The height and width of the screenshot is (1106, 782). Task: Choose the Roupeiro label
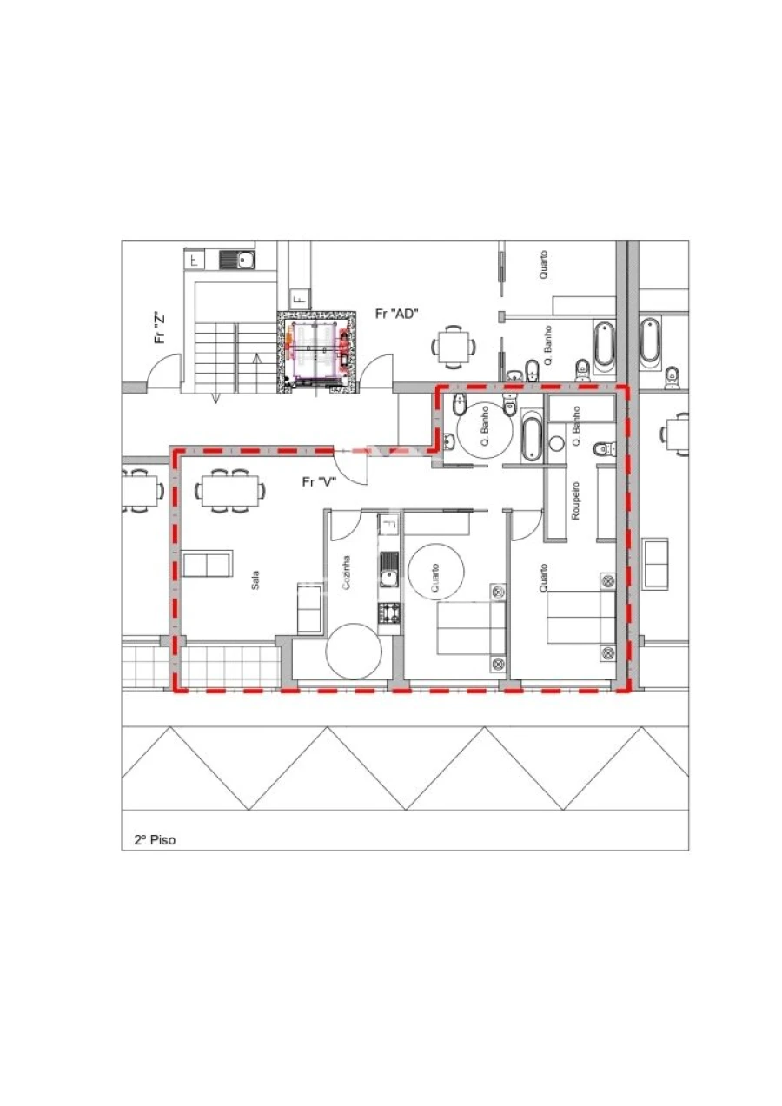[x=574, y=502]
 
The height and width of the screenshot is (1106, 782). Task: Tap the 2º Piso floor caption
[x=154, y=840]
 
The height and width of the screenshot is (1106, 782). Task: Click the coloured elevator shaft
[x=316, y=353]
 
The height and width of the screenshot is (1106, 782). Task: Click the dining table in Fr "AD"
[x=453, y=347]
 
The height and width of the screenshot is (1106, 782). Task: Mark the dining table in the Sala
[x=230, y=490]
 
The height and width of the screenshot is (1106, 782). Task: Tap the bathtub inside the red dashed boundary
[x=532, y=437]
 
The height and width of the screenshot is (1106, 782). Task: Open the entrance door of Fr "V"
[x=352, y=467]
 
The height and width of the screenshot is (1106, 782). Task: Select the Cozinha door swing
[x=343, y=523]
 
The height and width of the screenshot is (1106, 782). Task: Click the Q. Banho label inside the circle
[x=485, y=428]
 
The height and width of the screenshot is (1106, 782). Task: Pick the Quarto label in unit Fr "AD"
[x=543, y=265]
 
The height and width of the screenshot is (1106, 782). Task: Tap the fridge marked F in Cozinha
[x=388, y=524]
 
